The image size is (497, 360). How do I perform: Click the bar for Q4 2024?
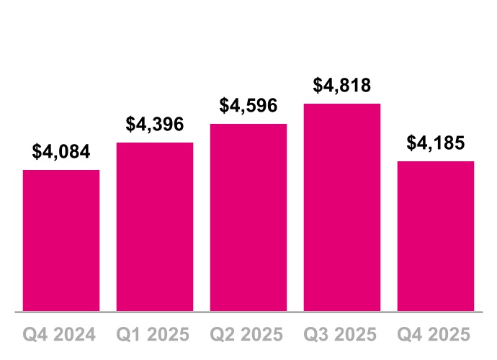point(61,240)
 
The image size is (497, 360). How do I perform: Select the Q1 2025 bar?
point(155,227)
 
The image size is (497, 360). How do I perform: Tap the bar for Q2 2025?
point(248,217)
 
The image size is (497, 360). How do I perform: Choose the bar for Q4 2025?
point(436,236)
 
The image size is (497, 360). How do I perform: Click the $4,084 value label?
point(61,152)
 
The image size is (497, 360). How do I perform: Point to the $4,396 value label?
point(155,125)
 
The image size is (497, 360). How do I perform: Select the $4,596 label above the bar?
point(248,106)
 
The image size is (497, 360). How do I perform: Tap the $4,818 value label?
point(342,86)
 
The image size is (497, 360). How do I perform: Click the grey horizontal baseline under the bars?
point(248,312)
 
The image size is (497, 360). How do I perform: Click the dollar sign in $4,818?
point(318,86)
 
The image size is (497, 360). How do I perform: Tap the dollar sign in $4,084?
point(37,152)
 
